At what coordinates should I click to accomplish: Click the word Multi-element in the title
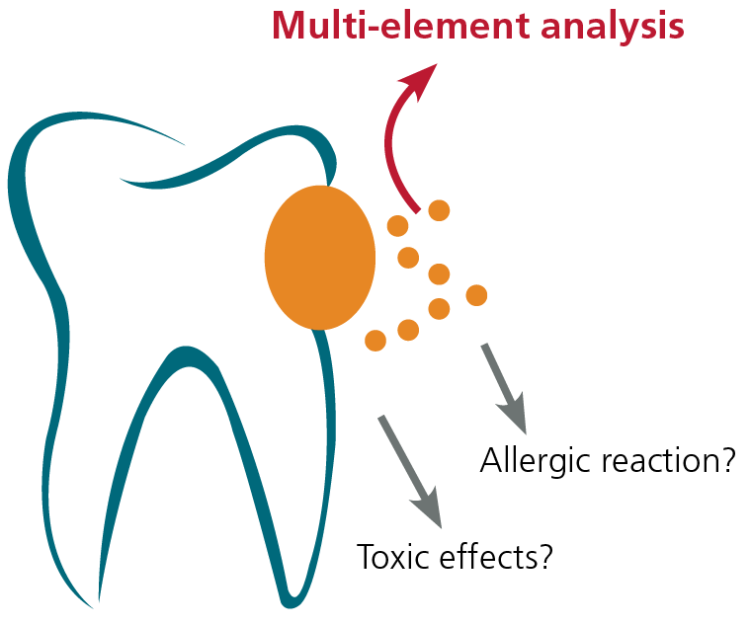click(x=401, y=26)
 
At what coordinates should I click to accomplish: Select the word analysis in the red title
click(x=613, y=28)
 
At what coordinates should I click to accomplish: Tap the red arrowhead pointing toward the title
click(x=419, y=80)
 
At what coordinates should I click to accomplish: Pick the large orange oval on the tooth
click(x=320, y=258)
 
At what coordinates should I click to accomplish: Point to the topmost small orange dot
click(x=439, y=210)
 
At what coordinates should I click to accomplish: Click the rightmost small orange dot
click(x=476, y=295)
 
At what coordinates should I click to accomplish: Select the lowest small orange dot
click(x=375, y=341)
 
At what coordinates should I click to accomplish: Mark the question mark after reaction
click(x=726, y=459)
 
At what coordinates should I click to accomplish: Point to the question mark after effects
click(x=543, y=555)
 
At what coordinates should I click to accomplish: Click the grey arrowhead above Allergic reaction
click(x=514, y=412)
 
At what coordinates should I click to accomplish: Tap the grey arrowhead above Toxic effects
click(x=428, y=507)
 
